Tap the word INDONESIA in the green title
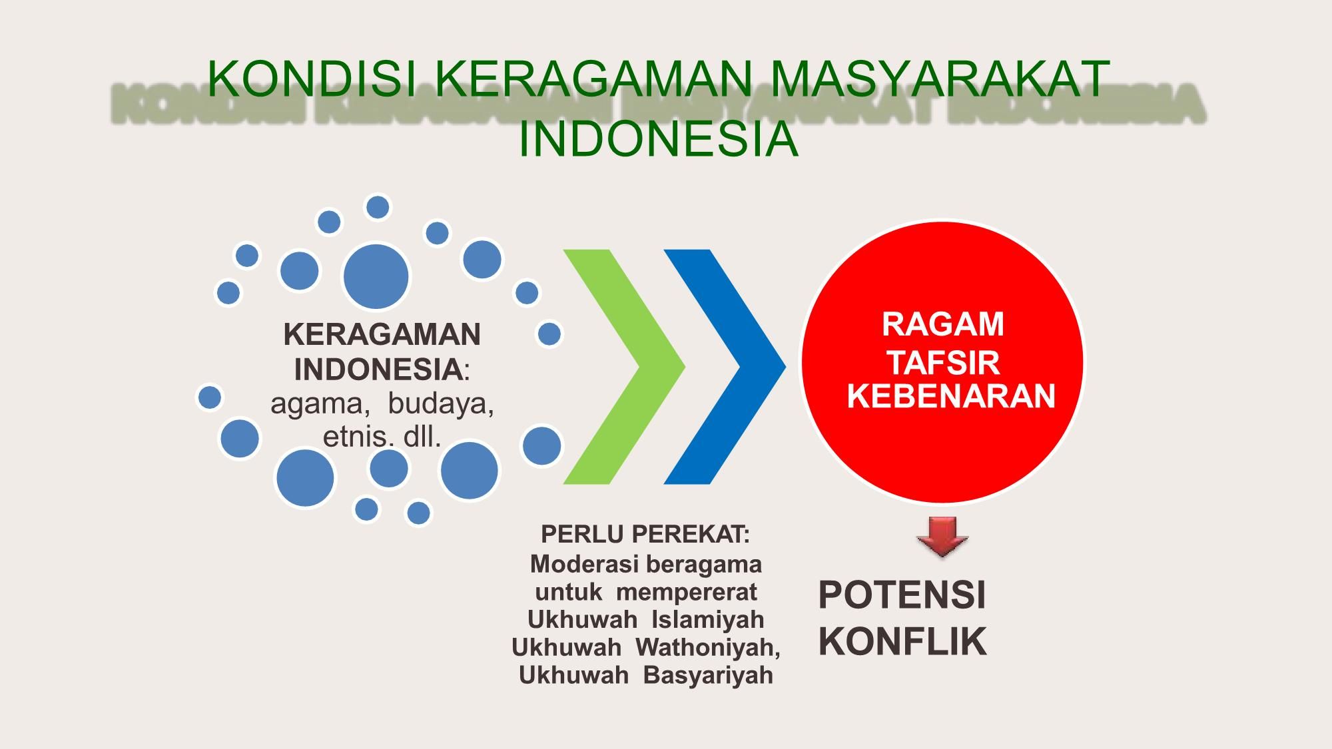658,139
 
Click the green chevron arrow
624,366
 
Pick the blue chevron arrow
725,366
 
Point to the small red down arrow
942,537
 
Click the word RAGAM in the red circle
942,325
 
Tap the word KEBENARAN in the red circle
951,396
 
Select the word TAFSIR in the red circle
944,364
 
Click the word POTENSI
902,595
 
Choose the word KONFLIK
902,642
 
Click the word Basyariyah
708,676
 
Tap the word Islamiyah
707,620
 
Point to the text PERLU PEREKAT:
645,534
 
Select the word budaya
441,404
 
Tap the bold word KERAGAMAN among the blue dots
382,335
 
